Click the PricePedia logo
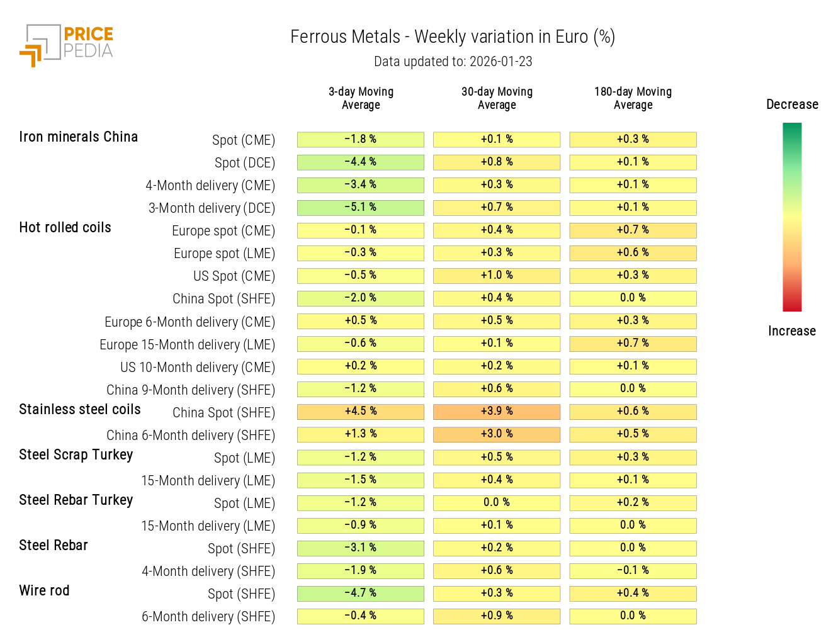pos(66,45)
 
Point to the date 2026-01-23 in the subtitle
pos(500,62)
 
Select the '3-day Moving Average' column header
pos(361,98)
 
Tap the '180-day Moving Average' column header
pos(633,98)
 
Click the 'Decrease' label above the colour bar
pos(792,104)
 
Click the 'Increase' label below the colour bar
pos(791,331)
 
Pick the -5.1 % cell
pos(361,208)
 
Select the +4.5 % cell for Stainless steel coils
pos(361,412)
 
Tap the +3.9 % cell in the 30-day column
pos(497,412)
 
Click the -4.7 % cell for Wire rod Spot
pos(361,594)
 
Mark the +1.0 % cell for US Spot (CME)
pos(497,276)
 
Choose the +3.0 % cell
pos(497,434)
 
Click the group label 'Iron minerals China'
pos(78,137)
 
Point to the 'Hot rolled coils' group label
pos(65,228)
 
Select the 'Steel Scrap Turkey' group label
pos(76,455)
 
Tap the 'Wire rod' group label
pos(44,591)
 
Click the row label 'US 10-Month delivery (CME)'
pos(198,368)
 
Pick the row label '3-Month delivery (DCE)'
pos(212,208)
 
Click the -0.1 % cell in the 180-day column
pos(633,571)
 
